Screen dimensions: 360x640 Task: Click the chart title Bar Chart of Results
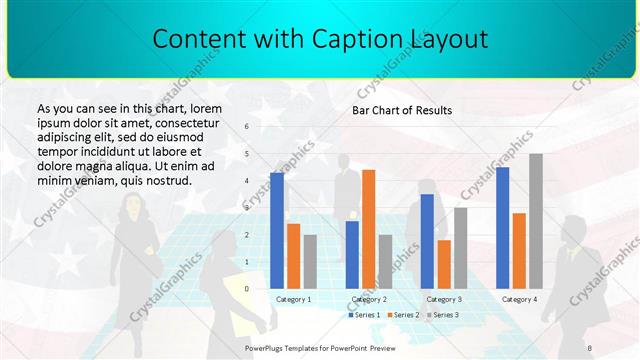pos(402,110)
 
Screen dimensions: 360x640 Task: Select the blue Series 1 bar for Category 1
pos(277,230)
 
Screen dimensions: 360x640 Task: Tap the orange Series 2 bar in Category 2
pos(368,229)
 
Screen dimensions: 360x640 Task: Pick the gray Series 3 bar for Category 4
pos(536,221)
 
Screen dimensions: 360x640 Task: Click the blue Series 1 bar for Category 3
pos(427,241)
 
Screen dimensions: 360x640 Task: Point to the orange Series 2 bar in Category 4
pos(519,250)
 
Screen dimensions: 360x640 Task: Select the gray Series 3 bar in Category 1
pos(310,261)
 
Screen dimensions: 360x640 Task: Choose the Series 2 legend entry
pos(402,315)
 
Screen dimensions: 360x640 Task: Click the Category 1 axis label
pos(293,299)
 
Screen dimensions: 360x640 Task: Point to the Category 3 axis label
pos(443,299)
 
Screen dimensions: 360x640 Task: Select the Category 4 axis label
pos(519,299)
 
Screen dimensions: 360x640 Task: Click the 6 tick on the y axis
pos(247,127)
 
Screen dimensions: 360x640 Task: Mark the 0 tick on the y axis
pos(247,288)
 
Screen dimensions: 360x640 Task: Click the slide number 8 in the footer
pos(590,347)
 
